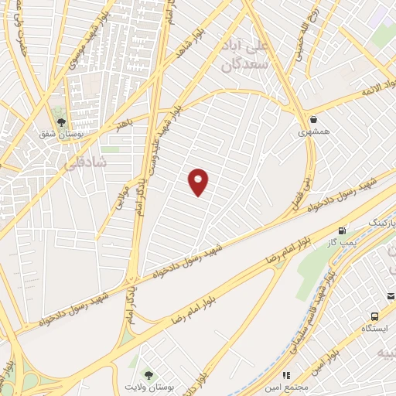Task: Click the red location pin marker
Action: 199,181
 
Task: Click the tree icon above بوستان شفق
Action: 61,121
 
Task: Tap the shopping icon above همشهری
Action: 314,119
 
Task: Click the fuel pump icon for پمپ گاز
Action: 342,230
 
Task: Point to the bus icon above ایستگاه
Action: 375,316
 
